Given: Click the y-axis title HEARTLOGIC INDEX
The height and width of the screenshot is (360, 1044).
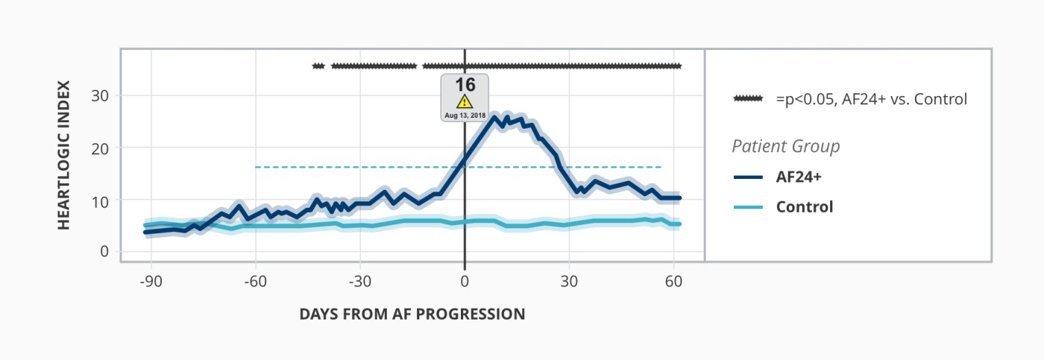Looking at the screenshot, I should pos(63,155).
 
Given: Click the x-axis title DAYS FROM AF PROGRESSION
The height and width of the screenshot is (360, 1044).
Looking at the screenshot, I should pos(412,314).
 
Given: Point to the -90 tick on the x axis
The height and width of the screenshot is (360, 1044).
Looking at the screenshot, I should pos(151,283).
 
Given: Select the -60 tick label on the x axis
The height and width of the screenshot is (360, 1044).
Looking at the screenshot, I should pos(256,283).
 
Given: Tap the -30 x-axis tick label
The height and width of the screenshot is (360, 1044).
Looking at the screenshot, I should pos(360,283).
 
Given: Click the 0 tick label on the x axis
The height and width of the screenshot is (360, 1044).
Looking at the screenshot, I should pos(465,283).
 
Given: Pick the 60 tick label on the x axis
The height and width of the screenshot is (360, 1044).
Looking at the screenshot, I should pos(673,283).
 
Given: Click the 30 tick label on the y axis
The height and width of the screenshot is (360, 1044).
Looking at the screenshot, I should pos(101,96).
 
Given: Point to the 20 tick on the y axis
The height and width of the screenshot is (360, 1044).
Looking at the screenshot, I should pos(101,148).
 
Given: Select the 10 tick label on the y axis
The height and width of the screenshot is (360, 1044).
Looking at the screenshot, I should pos(101,200).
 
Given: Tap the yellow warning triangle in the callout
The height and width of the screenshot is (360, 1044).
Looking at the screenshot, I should pos(465,101).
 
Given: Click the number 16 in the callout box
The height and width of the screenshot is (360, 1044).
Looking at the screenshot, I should pos(465,84).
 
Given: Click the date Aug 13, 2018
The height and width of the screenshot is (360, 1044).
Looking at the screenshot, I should pos(465,116).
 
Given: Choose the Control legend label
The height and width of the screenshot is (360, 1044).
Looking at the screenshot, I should pos(804,206).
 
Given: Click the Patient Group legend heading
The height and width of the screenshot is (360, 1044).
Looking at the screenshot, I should pos(785,146).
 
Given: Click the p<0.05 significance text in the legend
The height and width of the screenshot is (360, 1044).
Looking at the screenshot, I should pos(871,98).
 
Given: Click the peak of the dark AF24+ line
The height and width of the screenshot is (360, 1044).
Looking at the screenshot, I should pos(493,117).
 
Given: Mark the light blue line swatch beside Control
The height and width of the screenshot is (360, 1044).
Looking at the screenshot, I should pos(748,206).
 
